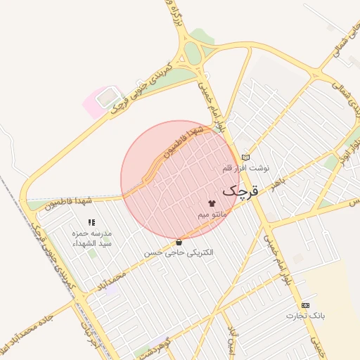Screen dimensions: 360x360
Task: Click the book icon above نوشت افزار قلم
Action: pyautogui.click(x=245, y=157)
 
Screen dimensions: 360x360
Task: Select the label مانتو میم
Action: pyautogui.click(x=212, y=213)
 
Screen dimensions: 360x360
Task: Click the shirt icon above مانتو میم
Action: pyautogui.click(x=212, y=202)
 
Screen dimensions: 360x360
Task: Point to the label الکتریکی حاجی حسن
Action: pyautogui.click(x=179, y=252)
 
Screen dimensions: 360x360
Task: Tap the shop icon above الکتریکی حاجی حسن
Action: pyautogui.click(x=179, y=241)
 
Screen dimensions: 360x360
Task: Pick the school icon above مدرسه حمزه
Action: pyautogui.click(x=91, y=223)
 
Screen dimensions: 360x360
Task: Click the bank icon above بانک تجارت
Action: pyautogui.click(x=305, y=305)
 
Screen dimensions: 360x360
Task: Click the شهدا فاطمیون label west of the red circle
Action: pyautogui.click(x=70, y=205)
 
